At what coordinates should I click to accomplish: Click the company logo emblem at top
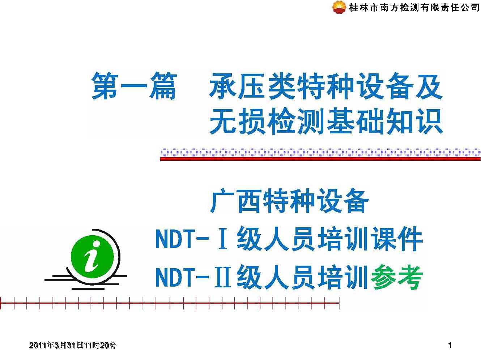pos(339,7)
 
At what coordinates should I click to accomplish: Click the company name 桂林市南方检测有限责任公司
pos(414,7)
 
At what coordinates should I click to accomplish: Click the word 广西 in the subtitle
pos(235,201)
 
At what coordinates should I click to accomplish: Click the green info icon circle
pos(93,257)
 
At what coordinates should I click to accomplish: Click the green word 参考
pos(396,277)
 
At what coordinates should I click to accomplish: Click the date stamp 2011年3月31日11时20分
pos(73,346)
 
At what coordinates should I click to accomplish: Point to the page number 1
pos(450,346)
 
